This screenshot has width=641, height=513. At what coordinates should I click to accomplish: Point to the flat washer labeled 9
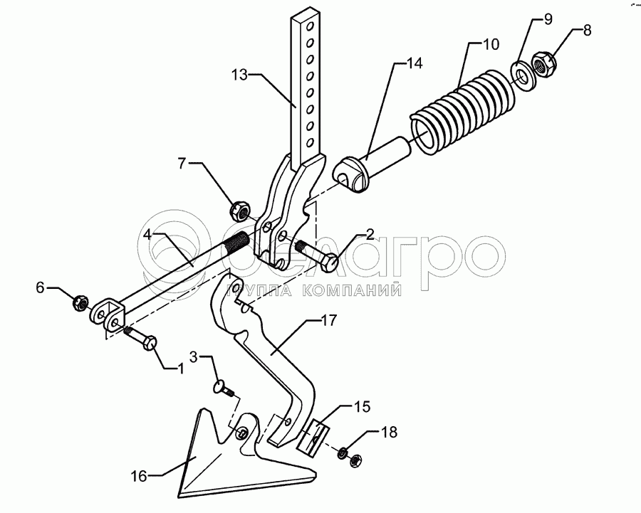523,74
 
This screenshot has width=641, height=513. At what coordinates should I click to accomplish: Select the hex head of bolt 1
150,345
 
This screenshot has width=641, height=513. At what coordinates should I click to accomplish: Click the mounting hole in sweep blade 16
243,433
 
